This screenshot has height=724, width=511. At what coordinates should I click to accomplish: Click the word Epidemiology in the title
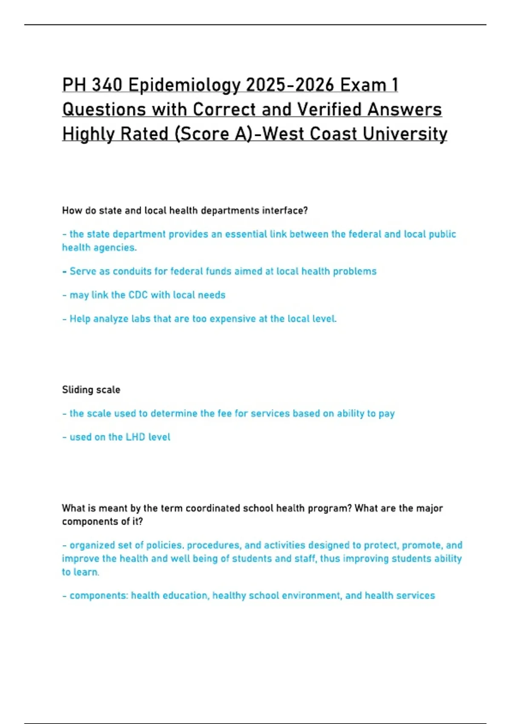(184, 85)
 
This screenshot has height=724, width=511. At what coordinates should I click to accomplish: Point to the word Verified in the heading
(328, 109)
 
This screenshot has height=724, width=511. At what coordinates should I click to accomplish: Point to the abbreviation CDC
(138, 295)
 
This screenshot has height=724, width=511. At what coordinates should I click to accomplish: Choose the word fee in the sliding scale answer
(224, 414)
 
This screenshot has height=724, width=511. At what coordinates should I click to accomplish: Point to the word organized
(92, 546)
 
